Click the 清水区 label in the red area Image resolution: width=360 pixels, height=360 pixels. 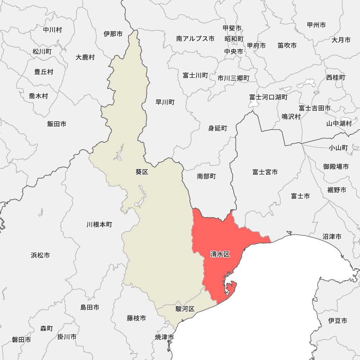pyautogui.click(x=220, y=255)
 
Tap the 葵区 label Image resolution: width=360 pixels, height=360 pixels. pyautogui.click(x=142, y=172)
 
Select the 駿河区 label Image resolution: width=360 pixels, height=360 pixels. pyautogui.click(x=185, y=309)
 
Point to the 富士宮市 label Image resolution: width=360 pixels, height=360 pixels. pyautogui.click(x=265, y=172)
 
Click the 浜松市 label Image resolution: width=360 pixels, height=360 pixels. pyautogui.click(x=40, y=255)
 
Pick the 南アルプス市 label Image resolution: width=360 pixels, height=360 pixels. pyautogui.click(x=195, y=39)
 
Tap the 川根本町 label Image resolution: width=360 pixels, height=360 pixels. pyautogui.click(x=99, y=225)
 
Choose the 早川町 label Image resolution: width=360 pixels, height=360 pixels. pyautogui.click(x=165, y=102)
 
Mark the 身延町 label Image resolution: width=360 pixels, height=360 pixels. pyautogui.click(x=218, y=128)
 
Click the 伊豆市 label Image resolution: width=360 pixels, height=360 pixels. pyautogui.click(x=338, y=320)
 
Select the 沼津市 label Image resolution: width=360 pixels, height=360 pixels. pyautogui.click(x=332, y=237)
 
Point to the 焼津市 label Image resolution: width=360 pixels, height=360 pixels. pyautogui.click(x=165, y=337)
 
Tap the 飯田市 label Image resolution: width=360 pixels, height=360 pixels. pyautogui.click(x=57, y=124)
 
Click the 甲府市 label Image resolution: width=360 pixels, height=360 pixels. pyautogui.click(x=256, y=46)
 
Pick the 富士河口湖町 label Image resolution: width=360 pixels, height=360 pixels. pyautogui.click(x=269, y=97)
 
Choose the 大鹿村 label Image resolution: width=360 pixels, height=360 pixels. pyautogui.click(x=85, y=57)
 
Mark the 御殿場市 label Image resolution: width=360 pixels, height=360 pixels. pyautogui.click(x=336, y=167)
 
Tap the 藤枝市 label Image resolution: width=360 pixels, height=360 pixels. pyautogui.click(x=136, y=318)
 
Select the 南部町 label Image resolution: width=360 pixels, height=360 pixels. pyautogui.click(x=206, y=176)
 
